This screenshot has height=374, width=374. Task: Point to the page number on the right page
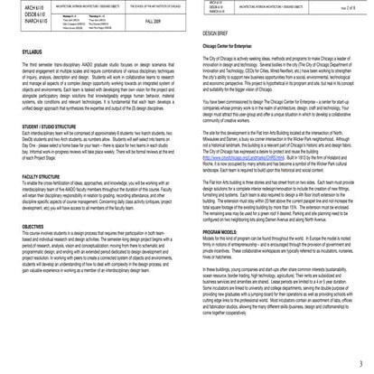pyautogui.click(x=351, y=9)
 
